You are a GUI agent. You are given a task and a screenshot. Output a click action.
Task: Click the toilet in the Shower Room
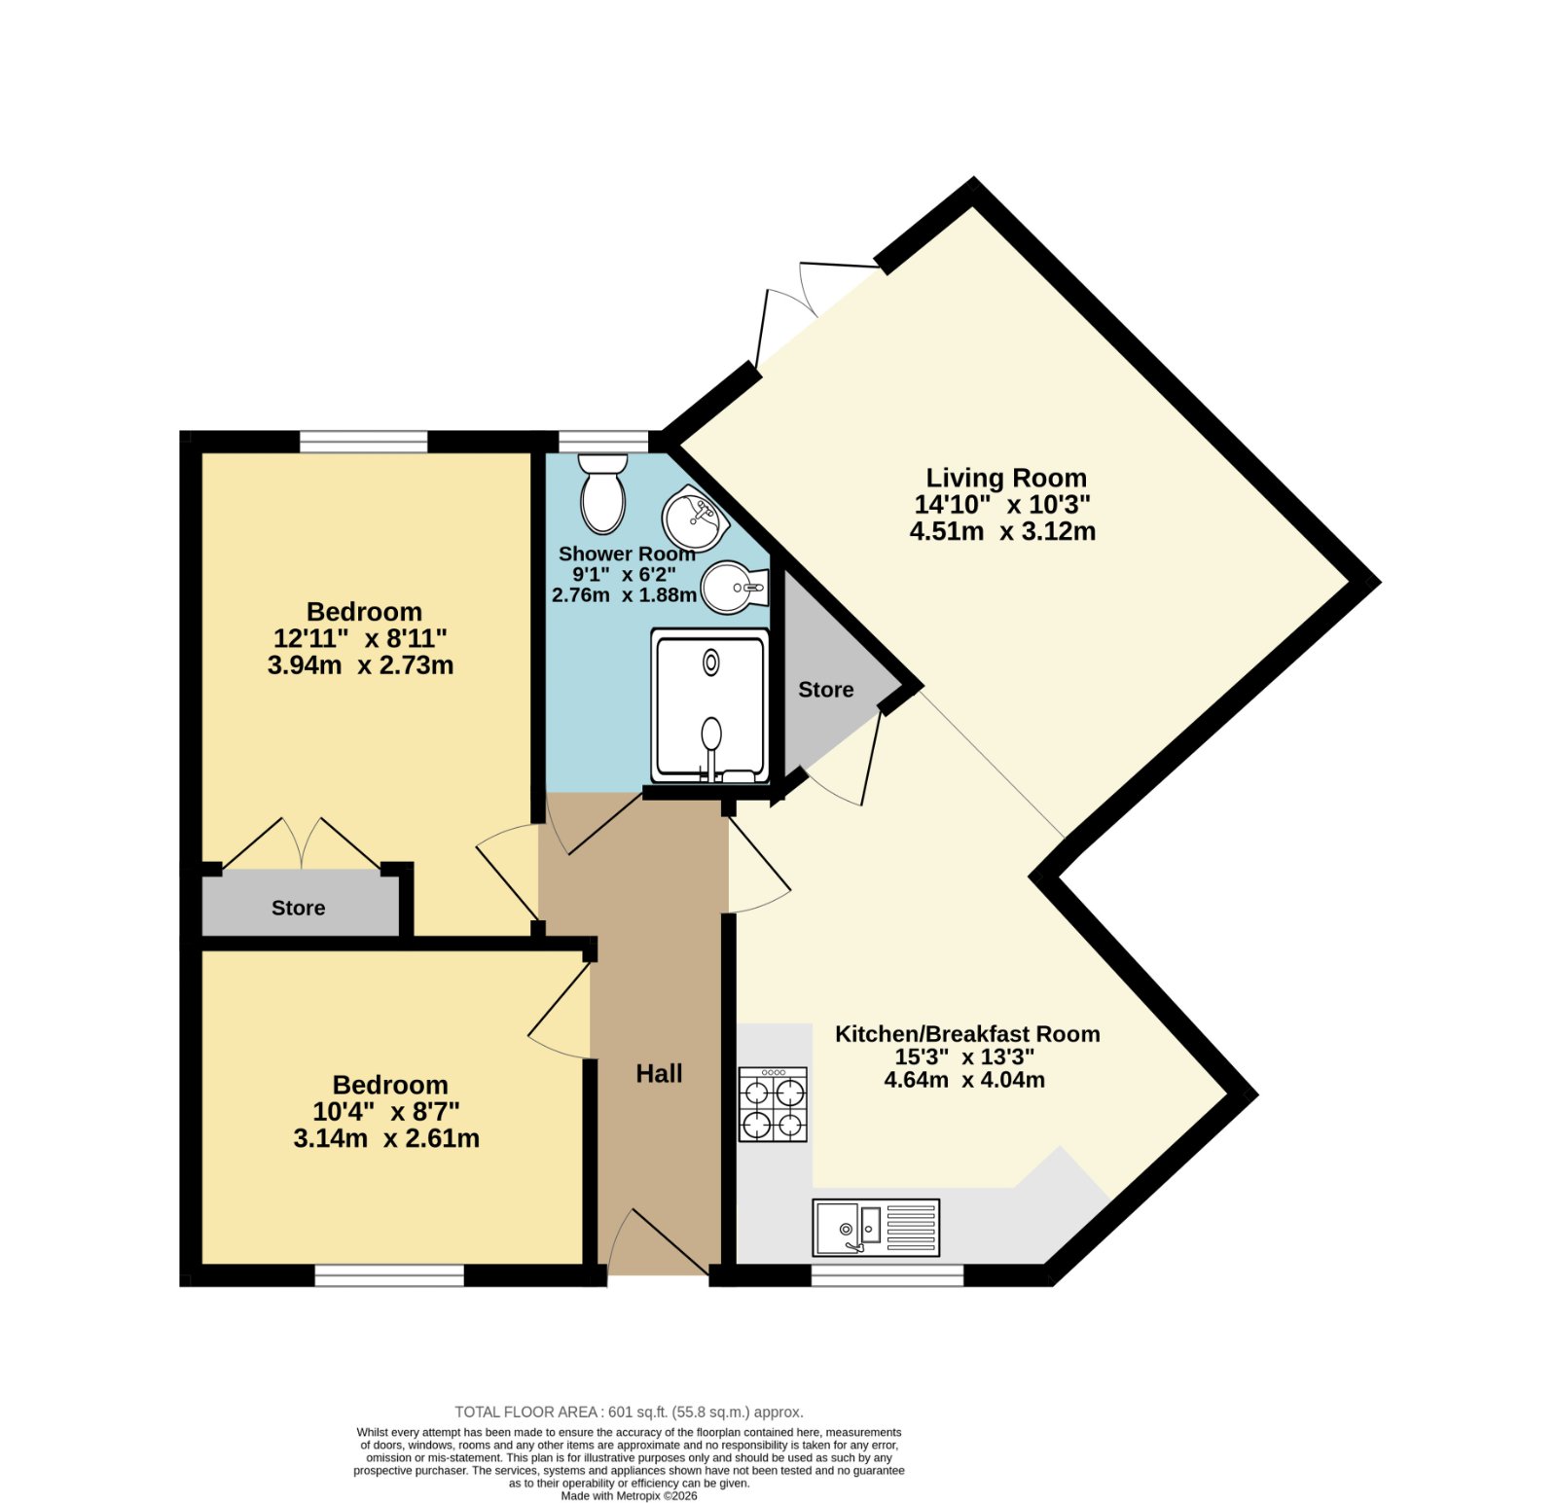(x=603, y=493)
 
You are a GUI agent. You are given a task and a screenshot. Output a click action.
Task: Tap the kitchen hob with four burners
(x=773, y=1104)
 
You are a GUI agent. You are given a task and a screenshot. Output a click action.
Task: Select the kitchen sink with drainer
(x=876, y=1227)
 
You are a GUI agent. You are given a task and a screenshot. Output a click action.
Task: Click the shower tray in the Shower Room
(x=710, y=705)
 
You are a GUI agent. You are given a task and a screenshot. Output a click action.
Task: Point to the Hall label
(x=659, y=1073)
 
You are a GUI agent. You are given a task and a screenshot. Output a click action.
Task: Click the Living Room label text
(x=1006, y=478)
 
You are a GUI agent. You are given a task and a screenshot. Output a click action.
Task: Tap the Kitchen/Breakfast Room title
(x=967, y=1034)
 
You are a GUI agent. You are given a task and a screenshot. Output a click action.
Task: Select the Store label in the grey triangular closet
(x=826, y=690)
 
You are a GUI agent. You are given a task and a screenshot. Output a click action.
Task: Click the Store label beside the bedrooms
(x=298, y=908)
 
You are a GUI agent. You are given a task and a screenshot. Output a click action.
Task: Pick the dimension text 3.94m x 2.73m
(x=360, y=665)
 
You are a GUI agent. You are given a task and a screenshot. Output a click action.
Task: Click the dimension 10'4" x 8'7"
(x=386, y=1111)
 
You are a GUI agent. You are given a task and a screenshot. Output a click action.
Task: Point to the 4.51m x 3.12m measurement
(x=1002, y=531)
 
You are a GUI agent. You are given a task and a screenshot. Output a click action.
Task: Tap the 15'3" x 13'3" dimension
(x=964, y=1056)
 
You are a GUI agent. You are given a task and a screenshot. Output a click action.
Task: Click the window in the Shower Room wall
(x=604, y=442)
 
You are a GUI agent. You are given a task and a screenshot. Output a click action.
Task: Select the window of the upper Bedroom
(x=363, y=442)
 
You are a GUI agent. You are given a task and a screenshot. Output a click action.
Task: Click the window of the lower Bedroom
(x=389, y=1275)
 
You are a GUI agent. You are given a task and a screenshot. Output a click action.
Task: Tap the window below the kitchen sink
(x=887, y=1275)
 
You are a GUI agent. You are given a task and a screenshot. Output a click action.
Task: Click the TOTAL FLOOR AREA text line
(x=629, y=1412)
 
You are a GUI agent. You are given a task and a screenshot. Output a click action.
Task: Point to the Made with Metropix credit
(x=629, y=1496)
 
